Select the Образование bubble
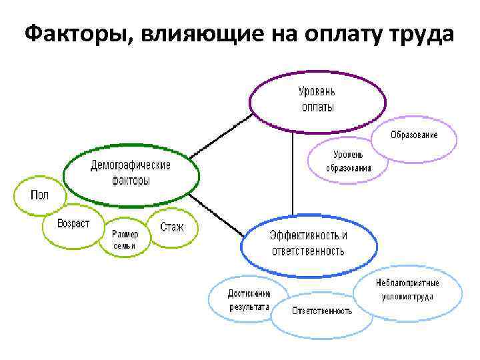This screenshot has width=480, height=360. tap(414, 135)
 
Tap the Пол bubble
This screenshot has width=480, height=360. tap(39, 195)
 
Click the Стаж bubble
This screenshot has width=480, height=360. tap(172, 227)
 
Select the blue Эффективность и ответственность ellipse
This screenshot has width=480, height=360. tap(307, 243)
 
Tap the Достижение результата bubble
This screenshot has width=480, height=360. tap(249, 301)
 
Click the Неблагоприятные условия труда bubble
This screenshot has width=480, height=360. tap(407, 289)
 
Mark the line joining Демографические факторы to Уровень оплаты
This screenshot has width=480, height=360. tap(220, 137)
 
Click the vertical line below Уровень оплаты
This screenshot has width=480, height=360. tap(293, 173)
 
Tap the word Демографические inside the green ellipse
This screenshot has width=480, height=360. tap(131, 165)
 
